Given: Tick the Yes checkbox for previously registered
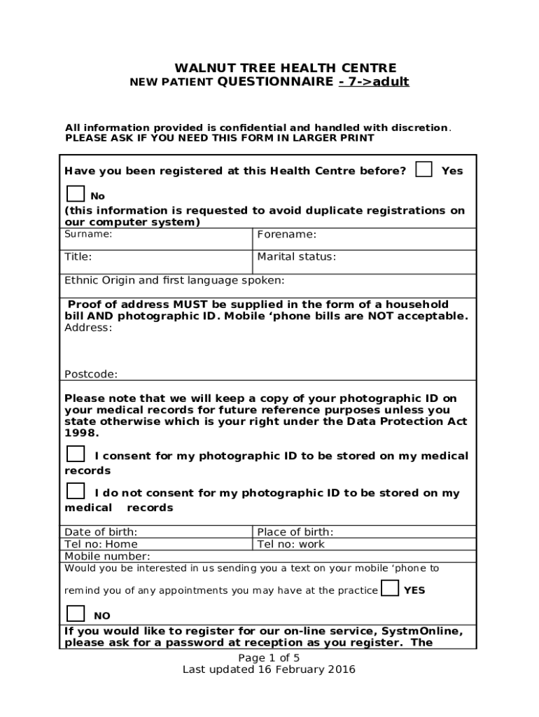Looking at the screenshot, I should click(423, 169).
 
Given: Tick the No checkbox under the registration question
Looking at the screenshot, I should click(76, 194).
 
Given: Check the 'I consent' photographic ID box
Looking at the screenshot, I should click(76, 454).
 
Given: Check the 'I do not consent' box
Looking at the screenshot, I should click(76, 491).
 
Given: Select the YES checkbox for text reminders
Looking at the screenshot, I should click(391, 588).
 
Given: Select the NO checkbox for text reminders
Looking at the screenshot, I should click(76, 614).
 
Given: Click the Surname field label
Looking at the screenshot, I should click(88, 235).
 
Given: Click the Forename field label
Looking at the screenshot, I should click(286, 235).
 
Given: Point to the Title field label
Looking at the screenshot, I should click(78, 257).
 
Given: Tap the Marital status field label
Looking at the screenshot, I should click(296, 257).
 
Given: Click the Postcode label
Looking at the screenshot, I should click(91, 374).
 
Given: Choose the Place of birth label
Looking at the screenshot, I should click(295, 532).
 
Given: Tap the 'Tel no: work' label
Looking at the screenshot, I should click(291, 544).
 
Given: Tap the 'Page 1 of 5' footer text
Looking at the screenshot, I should click(269, 657).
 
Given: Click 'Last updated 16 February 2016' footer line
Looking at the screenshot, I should click(269, 669).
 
